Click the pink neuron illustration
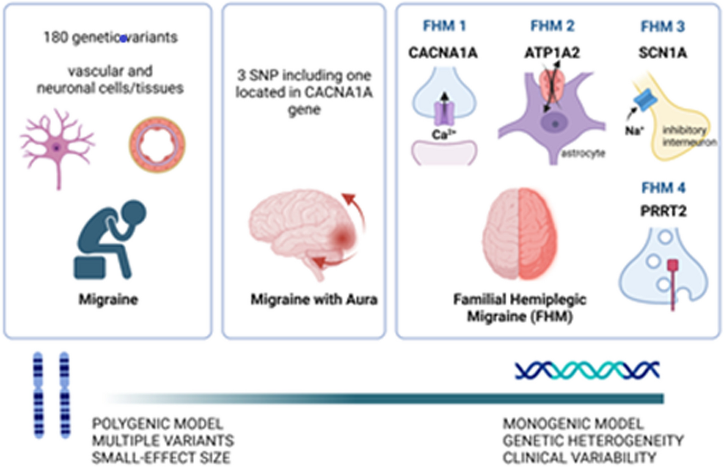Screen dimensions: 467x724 pyautogui.click(x=57, y=149)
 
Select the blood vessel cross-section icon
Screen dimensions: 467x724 pyautogui.click(x=157, y=145)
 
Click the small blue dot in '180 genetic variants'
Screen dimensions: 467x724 pyautogui.click(x=123, y=38)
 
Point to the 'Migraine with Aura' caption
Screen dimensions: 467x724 pyautogui.click(x=313, y=299)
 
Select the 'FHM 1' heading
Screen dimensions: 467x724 pyautogui.click(x=444, y=26)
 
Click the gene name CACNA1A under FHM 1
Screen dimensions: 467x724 pyautogui.click(x=443, y=53)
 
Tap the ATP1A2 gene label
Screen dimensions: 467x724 pyautogui.click(x=552, y=53)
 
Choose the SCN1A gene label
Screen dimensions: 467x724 pyautogui.click(x=663, y=53)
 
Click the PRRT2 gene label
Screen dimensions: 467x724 pyautogui.click(x=663, y=211)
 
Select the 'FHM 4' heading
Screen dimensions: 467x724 pyautogui.click(x=663, y=188)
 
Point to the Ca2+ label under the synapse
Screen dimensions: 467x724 pyautogui.click(x=443, y=134)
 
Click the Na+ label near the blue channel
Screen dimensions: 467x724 pyautogui.click(x=633, y=131)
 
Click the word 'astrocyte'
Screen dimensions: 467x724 pyautogui.click(x=583, y=153)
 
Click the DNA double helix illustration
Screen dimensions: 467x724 pyautogui.click(x=586, y=370)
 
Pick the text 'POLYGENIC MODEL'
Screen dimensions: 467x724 pyautogui.click(x=157, y=424)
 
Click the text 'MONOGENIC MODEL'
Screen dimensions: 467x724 pyautogui.click(x=573, y=424)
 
